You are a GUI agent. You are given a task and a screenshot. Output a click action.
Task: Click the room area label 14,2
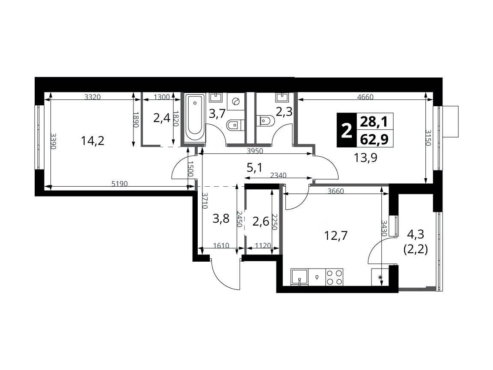tap(92, 140)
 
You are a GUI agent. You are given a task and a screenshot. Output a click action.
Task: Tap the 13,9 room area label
tap(365, 157)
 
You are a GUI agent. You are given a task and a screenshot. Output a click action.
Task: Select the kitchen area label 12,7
tap(336, 235)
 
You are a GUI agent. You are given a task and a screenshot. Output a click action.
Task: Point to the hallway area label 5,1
tap(254, 168)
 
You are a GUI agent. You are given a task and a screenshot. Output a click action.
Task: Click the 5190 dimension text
tap(120, 184)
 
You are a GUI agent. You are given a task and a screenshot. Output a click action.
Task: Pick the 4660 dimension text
tap(365, 97)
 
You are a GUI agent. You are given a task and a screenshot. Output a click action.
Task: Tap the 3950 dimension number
tap(255, 151)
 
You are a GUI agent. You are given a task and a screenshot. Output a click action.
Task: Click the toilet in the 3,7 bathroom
tap(234, 125)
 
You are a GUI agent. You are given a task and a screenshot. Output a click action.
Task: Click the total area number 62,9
tap(374, 138)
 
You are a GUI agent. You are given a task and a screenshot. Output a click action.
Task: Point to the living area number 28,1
tap(374, 121)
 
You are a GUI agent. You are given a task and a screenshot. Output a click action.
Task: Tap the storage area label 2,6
tap(261, 221)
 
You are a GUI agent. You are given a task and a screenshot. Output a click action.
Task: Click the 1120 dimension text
tap(263, 245)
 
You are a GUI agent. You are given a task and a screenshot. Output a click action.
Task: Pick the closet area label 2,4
tap(162, 118)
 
